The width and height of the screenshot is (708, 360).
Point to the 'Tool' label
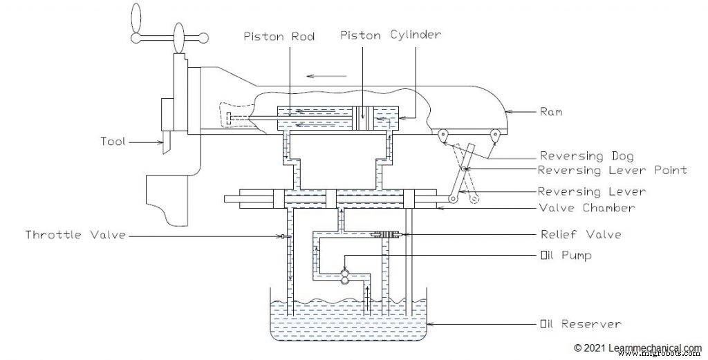pyautogui.click(x=112, y=142)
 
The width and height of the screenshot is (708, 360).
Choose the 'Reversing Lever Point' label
pyautogui.click(x=612, y=170)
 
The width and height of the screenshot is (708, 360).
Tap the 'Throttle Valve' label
pyautogui.click(x=76, y=235)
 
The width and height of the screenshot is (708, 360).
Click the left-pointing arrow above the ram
pyautogui.click(x=319, y=77)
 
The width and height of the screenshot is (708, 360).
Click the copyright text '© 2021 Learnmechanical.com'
pyautogui.click(x=637, y=348)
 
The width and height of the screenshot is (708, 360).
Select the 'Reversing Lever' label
pyautogui.click(x=592, y=191)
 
